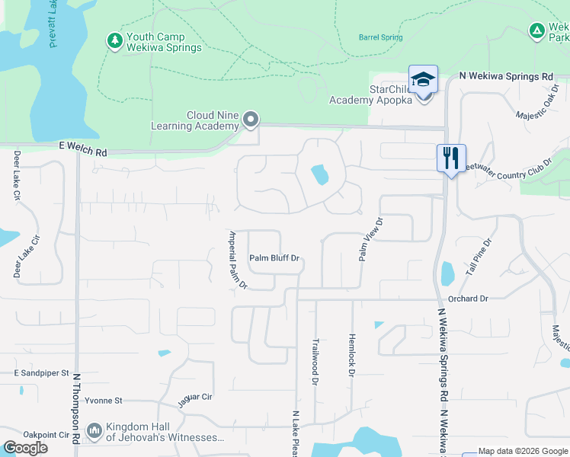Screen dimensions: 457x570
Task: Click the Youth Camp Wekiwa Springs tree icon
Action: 114,40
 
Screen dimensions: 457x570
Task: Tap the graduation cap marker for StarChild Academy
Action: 424,79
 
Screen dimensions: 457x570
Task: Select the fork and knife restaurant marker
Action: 451,158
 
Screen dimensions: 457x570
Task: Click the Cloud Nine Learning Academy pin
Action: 251,120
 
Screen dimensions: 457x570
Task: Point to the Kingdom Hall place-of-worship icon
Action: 94,432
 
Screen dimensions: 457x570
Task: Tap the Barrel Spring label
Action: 380,37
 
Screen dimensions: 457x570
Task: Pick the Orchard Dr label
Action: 468,299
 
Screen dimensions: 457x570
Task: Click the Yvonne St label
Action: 103,400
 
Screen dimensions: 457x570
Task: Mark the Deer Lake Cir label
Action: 18,175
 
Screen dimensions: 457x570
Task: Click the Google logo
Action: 25,448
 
